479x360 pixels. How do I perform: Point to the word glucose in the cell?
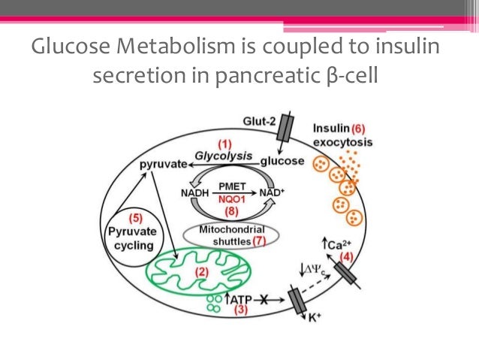tap(282, 161)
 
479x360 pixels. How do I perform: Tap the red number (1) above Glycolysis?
tap(224, 143)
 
